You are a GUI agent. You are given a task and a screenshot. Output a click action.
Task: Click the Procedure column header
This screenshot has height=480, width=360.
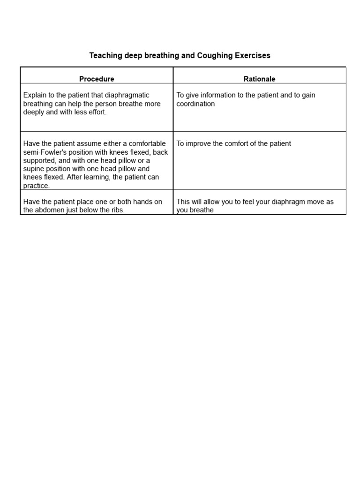(x=97, y=79)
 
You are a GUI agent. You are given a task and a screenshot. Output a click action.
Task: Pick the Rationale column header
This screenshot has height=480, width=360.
(x=260, y=79)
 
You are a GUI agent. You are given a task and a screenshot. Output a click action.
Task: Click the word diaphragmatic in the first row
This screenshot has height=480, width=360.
(x=127, y=95)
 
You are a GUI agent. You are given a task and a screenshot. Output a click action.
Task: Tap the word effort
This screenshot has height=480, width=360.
(x=97, y=112)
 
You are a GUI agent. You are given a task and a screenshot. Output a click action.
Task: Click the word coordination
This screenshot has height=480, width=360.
(x=195, y=104)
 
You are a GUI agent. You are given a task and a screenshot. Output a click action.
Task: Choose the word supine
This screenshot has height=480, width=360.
(x=35, y=169)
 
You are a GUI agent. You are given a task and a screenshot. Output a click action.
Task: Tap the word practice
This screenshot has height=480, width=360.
(x=36, y=186)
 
